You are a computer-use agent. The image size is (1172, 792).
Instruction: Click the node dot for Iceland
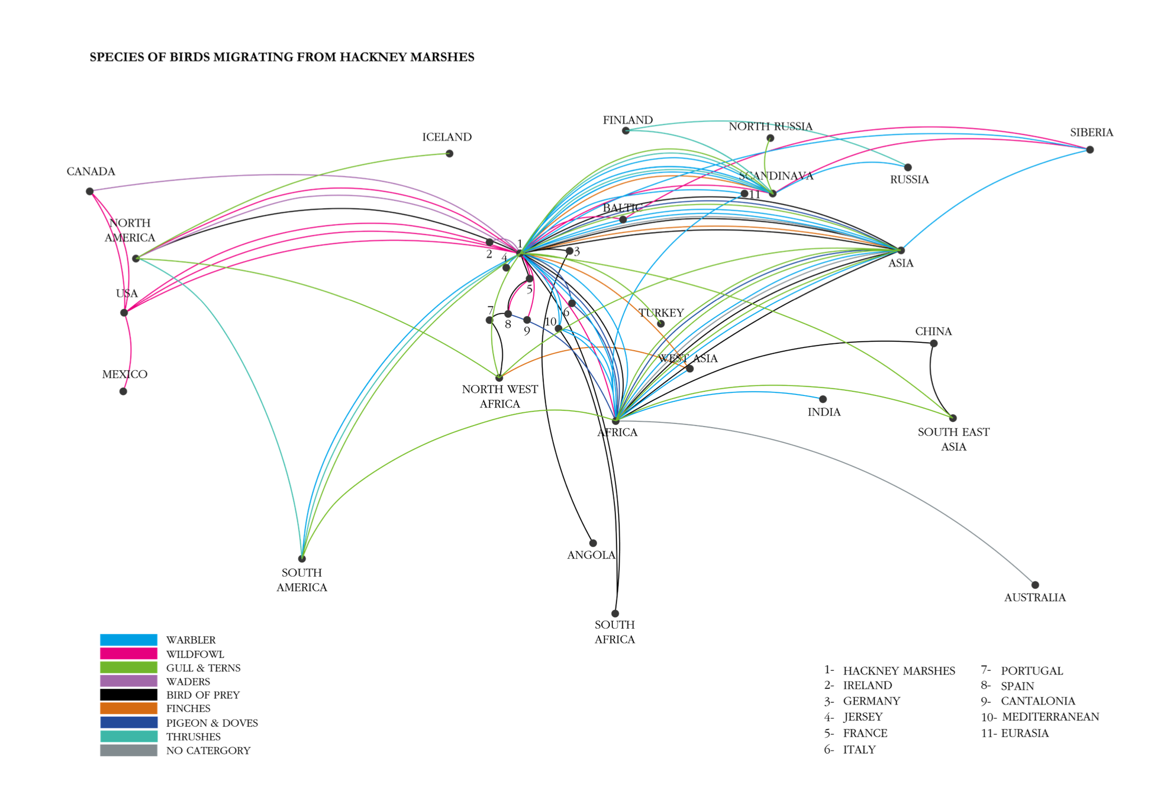point(449,154)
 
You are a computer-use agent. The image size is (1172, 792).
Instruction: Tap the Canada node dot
point(90,191)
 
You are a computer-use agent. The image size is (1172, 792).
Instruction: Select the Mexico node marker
point(123,391)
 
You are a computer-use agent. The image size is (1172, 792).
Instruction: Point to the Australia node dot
point(1035,585)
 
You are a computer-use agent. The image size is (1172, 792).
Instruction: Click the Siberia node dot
point(1090,150)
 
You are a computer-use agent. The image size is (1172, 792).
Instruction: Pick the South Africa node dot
point(615,613)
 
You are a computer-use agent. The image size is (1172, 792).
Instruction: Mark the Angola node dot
point(593,543)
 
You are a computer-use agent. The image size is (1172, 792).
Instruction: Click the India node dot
point(823,399)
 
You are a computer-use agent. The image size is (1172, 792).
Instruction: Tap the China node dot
point(933,343)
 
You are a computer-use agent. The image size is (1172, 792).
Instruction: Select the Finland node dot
point(625,131)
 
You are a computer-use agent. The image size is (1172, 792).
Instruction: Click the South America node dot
point(302,559)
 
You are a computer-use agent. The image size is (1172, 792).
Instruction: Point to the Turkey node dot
point(661,324)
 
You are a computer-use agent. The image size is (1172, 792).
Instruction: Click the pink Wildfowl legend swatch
point(128,654)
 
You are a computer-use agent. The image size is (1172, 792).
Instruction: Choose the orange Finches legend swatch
point(128,708)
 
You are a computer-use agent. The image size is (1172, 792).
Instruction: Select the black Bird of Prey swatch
point(128,695)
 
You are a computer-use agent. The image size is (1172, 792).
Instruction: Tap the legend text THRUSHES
point(193,737)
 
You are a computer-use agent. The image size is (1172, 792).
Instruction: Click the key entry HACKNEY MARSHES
point(899,671)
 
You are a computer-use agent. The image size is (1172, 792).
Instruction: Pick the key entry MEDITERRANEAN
point(1050,717)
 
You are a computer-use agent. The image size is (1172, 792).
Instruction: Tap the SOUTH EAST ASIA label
point(954,439)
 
